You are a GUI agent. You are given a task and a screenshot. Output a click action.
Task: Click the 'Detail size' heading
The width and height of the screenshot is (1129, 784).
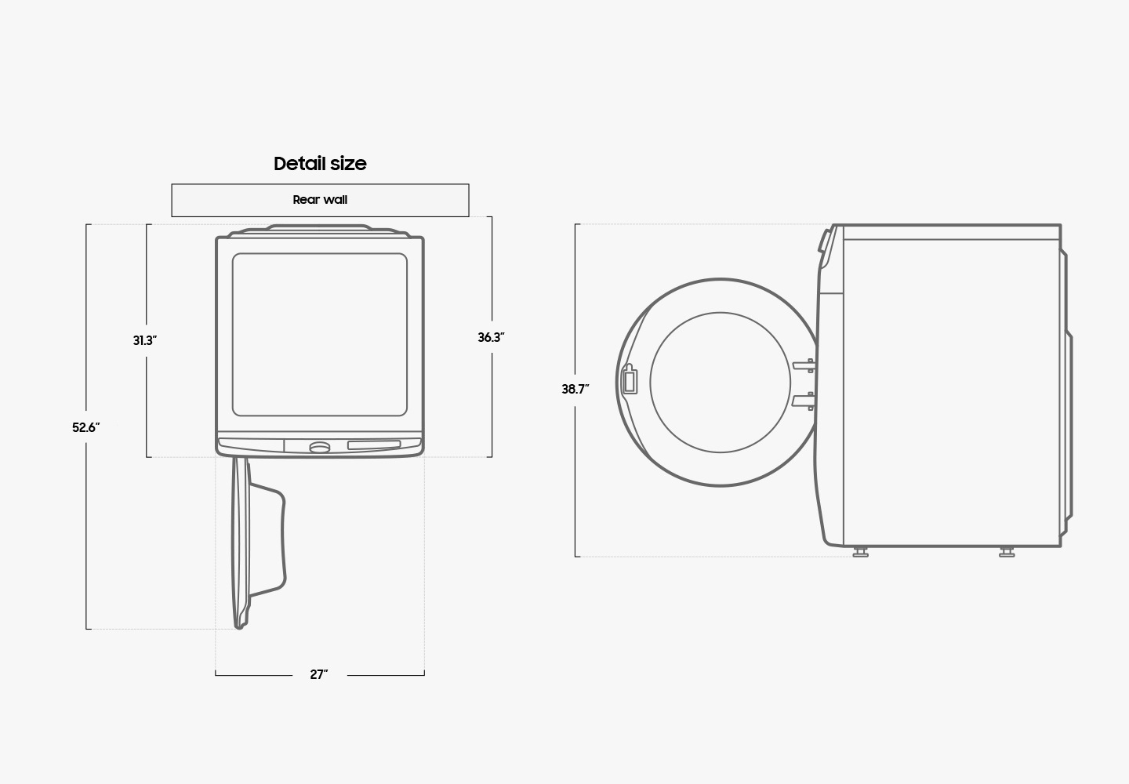(320, 164)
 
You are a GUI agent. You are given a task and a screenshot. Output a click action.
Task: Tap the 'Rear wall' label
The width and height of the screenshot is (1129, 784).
(320, 200)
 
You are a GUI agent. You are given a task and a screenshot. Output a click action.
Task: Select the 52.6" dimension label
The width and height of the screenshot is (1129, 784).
(86, 428)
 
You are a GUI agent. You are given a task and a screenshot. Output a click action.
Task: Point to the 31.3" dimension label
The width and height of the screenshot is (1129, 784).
(145, 341)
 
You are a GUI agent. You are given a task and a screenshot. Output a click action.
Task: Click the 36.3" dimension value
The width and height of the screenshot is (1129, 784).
(492, 338)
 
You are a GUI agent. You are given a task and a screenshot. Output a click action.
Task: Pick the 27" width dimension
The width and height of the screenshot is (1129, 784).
(319, 675)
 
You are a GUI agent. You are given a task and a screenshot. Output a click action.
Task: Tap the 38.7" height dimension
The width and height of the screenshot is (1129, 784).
(575, 389)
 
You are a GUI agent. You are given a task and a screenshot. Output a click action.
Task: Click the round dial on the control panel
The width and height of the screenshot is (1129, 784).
(320, 448)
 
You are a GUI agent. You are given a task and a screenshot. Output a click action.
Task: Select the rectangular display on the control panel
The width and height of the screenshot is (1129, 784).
(374, 445)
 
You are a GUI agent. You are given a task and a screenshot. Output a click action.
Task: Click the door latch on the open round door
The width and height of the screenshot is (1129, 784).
(630, 380)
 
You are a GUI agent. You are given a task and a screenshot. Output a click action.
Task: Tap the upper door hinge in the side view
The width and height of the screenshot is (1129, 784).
(804, 365)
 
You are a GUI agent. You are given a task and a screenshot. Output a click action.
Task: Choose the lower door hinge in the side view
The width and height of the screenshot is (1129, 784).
(804, 401)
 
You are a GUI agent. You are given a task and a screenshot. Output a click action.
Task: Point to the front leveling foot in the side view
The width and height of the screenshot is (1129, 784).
(860, 552)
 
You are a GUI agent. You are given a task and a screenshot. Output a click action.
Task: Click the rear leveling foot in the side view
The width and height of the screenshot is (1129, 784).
(1007, 552)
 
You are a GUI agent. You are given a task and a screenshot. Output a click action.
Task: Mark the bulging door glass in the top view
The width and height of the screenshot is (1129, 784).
(268, 540)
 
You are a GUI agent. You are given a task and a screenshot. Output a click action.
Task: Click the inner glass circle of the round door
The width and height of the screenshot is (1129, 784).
(721, 383)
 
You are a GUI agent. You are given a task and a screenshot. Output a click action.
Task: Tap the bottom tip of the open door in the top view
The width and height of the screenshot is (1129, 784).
(239, 626)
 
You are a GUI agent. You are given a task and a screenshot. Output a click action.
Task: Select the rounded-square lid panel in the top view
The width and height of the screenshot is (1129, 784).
(320, 335)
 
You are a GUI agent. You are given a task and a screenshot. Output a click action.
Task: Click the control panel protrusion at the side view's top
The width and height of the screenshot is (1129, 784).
(825, 246)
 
